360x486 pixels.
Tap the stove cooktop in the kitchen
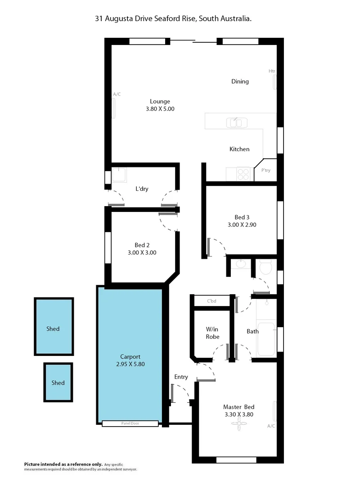pos(243,174)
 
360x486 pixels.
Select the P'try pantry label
pos(266,171)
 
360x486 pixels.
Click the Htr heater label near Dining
pos(272,71)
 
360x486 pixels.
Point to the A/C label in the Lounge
pos(117,94)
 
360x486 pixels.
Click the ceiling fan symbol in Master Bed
pos(240,425)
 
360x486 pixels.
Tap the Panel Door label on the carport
pos(130,423)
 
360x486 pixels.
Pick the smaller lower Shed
pos(58,382)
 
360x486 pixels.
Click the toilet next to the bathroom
pos(265,267)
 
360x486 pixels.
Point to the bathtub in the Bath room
pos(266,339)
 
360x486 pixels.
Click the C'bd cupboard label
pos(211,301)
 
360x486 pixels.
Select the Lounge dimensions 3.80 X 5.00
pos(160,109)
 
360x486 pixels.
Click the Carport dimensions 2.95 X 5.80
pos(130,364)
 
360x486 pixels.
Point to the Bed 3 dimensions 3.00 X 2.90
pos(242,225)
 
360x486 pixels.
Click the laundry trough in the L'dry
pos(119,175)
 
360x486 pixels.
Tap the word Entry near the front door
pos(181,377)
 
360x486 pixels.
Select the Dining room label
pos(240,81)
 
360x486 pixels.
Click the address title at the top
pos(173,18)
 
